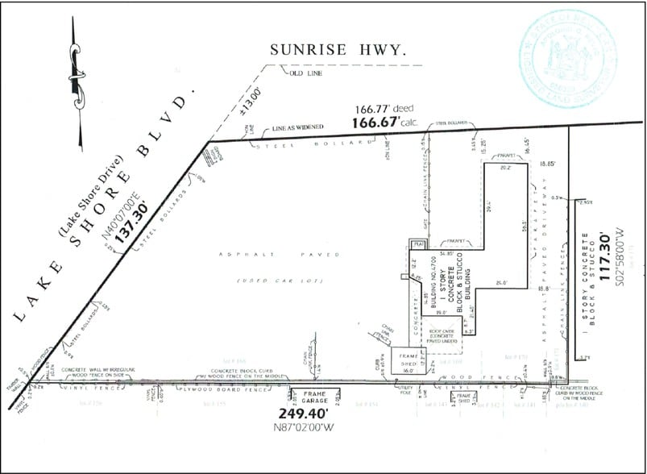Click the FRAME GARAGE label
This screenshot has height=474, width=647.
[315, 397]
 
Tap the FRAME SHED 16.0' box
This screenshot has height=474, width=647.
[407, 360]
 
